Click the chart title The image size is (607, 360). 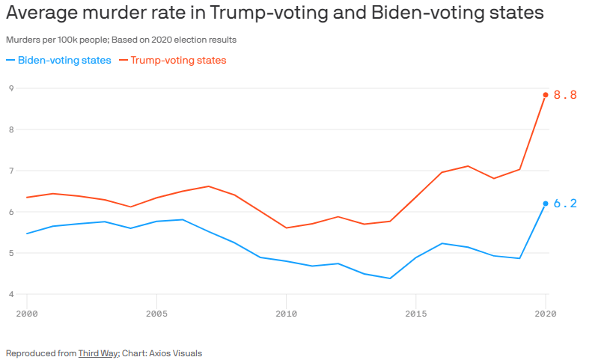point(275,14)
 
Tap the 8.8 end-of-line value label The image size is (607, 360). point(565,95)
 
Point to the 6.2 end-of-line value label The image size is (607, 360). point(565,204)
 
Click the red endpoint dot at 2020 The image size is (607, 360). point(546,95)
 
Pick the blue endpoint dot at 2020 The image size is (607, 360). point(546,204)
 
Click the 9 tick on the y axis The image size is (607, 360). point(11,88)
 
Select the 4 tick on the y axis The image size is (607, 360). point(11,294)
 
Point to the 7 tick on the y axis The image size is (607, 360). point(11,171)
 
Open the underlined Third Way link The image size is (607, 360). point(98,353)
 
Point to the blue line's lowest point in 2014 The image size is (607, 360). point(390,278)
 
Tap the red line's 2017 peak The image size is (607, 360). point(468,166)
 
